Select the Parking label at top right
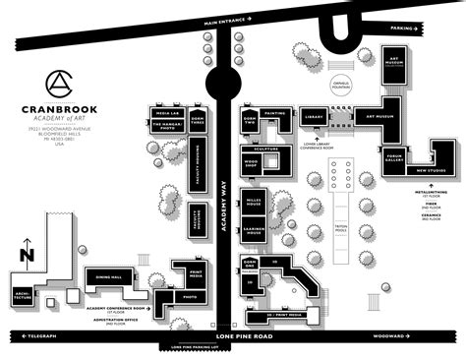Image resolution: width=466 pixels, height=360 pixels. coord(401,29)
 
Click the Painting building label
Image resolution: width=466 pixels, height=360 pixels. coord(276,113)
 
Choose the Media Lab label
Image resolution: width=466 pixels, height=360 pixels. coord(165,114)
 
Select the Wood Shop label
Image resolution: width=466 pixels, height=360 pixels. coord(251,163)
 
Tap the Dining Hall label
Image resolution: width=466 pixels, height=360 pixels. coord(109,278)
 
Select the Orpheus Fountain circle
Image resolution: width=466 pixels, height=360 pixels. coord(340,86)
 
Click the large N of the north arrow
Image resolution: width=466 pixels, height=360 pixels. coord(27,255)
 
